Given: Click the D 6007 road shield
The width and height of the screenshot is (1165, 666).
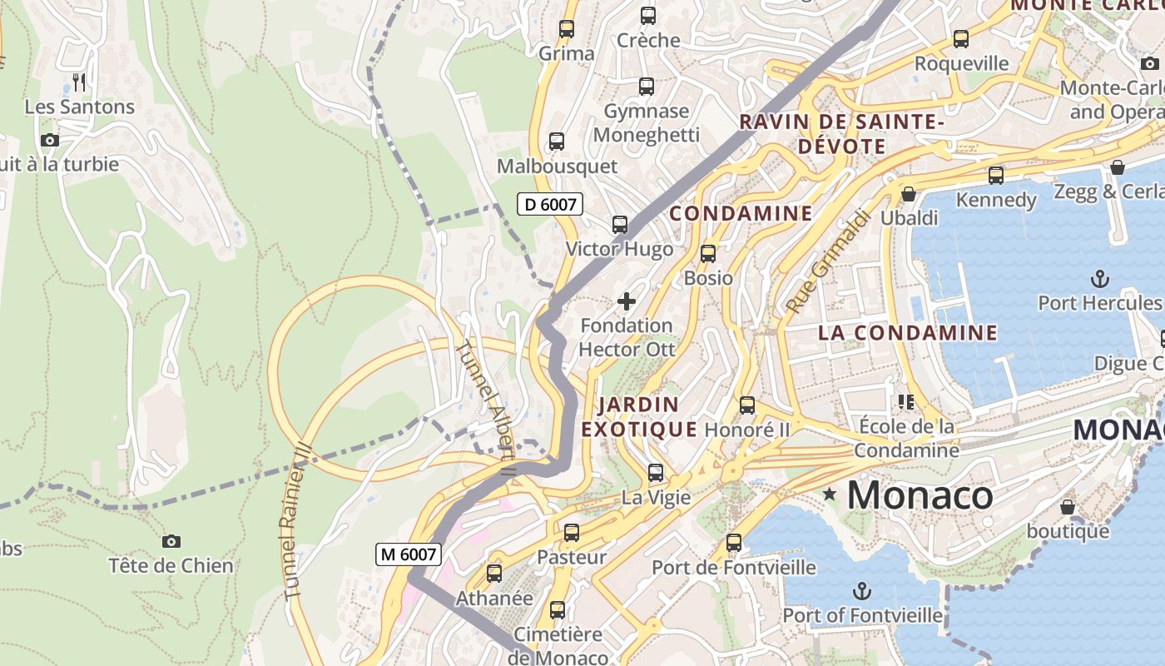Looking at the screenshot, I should coord(549,204).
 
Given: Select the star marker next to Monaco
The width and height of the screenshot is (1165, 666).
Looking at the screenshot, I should coord(829,495).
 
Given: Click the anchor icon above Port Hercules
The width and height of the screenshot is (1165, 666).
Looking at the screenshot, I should coord(1100,278).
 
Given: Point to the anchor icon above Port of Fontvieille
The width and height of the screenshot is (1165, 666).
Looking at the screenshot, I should coord(862,592).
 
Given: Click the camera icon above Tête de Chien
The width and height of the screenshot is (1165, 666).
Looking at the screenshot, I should coord(171,542).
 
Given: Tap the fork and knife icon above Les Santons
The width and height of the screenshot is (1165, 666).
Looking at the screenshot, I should coord(79,82).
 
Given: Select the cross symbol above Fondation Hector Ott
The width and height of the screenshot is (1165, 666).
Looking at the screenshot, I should coord(627,301).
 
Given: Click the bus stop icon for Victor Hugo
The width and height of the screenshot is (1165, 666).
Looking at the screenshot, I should coord(620,224).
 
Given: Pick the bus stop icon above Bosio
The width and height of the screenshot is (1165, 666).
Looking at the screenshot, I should coord(708,254).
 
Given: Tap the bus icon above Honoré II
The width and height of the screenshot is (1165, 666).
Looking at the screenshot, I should coord(747,405).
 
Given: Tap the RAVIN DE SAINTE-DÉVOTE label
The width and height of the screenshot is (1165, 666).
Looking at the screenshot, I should coord(841,134).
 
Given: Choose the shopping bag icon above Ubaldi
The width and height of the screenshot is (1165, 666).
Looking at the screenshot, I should coord(909,194).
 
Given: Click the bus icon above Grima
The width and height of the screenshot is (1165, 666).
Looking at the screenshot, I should coord(567,29).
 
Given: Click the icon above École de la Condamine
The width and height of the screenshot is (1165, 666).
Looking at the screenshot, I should coord(906,402).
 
